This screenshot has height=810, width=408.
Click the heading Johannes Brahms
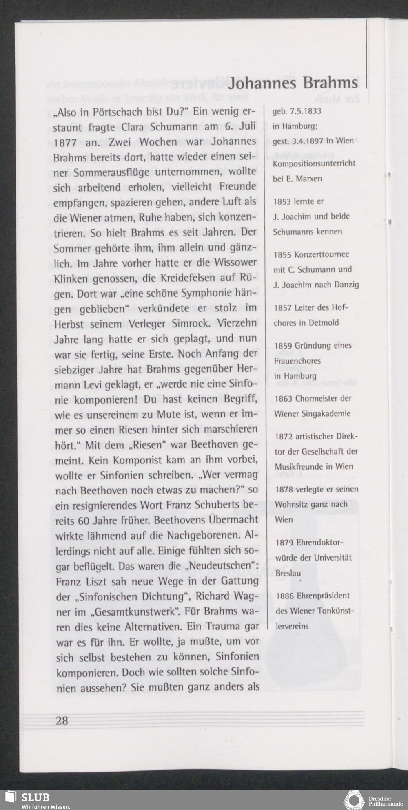coord(293,83)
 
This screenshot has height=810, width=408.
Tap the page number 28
coord(62,720)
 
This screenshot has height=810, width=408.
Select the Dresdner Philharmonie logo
coord(354,799)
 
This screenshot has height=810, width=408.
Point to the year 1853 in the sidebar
coord(282,201)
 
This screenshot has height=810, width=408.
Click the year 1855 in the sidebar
coord(283,254)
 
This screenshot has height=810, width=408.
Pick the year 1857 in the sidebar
coord(283,308)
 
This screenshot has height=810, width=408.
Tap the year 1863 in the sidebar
coord(284,398)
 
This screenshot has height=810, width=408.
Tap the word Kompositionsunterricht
coord(314,163)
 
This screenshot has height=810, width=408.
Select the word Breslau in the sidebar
coord(288,573)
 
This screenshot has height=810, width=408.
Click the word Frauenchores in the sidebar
coord(297,361)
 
